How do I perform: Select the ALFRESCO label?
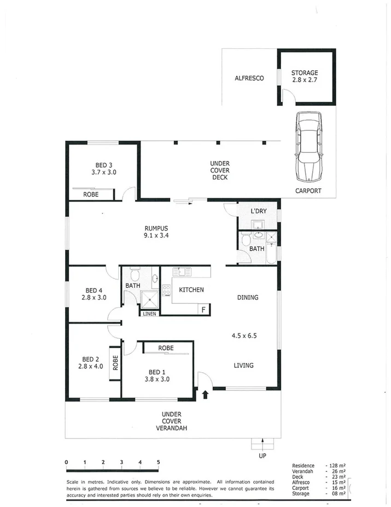[249, 78]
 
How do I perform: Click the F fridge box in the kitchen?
[203, 309]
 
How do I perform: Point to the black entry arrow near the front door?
[206, 394]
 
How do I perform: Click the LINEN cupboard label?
[149, 314]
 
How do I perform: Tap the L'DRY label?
[258, 211]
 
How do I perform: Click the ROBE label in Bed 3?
[91, 194]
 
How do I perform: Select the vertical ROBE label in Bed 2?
[115, 363]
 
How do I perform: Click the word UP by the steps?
[263, 455]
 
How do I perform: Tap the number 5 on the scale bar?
[158, 462]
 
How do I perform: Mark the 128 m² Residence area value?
[336, 466]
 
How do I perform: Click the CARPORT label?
[308, 191]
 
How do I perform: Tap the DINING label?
[247, 297]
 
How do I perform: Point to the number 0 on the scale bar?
[66, 462]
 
